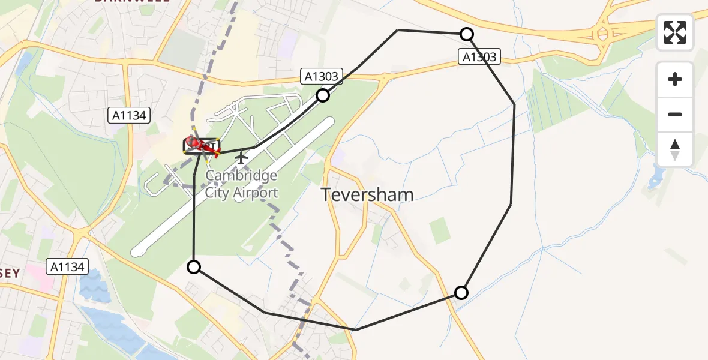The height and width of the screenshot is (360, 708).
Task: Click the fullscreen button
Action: (x=675, y=32)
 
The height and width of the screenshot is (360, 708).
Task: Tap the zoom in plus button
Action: (x=675, y=79)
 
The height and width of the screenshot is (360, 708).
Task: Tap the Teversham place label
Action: (x=367, y=194)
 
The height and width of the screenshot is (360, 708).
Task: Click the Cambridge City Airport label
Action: (x=241, y=184)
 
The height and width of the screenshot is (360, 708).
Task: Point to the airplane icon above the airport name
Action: (x=241, y=158)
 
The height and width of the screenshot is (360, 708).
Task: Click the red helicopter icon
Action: (x=202, y=146)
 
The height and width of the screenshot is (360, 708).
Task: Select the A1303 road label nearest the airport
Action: (x=322, y=76)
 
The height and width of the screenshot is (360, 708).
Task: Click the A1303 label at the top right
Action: (x=479, y=57)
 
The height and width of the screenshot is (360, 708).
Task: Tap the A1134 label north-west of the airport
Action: (x=128, y=116)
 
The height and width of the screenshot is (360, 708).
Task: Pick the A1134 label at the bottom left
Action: (x=68, y=266)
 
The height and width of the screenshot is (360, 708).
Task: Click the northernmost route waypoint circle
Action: (x=466, y=34)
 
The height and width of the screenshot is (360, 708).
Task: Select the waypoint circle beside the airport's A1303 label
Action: (x=323, y=95)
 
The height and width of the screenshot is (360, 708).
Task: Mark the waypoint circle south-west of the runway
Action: (x=194, y=267)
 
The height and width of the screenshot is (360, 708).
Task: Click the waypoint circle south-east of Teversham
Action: (x=461, y=293)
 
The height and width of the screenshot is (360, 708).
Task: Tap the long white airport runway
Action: (x=234, y=186)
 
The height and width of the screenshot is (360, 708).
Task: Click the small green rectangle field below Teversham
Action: (x=440, y=230)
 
